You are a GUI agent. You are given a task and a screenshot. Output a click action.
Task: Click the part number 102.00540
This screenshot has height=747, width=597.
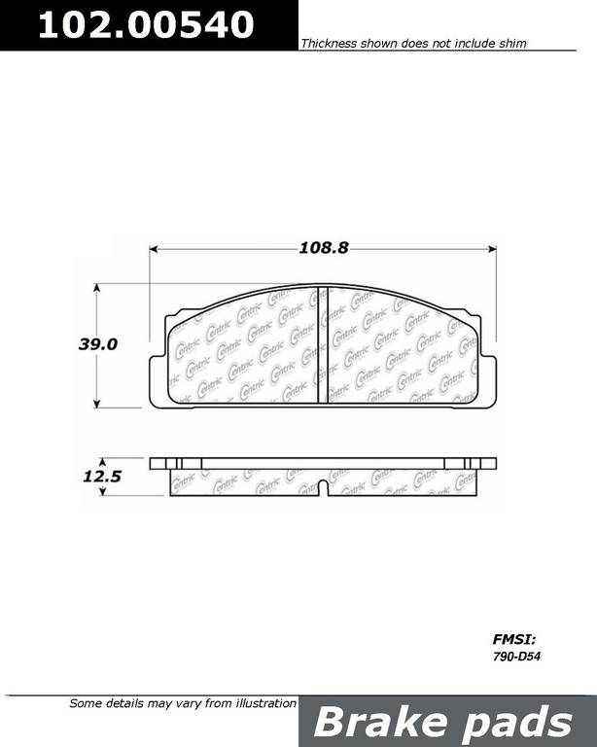pyautogui.click(x=146, y=24)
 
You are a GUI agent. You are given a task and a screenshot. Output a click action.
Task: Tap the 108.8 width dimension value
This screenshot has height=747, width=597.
pyautogui.click(x=324, y=248)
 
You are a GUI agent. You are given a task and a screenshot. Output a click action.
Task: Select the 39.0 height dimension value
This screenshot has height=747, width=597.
pyautogui.click(x=97, y=344)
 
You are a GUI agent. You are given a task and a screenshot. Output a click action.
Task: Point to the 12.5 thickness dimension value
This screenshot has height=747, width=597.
pyautogui.click(x=102, y=476)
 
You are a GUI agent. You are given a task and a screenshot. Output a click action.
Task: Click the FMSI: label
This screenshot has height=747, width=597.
pyautogui.click(x=514, y=639)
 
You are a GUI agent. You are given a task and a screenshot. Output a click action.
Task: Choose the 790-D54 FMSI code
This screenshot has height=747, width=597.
pyautogui.click(x=516, y=657)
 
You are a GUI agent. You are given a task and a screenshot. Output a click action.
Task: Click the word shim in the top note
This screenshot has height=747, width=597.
pyautogui.click(x=512, y=44)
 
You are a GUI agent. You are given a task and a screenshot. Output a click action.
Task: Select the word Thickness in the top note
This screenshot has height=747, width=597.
pyautogui.click(x=329, y=44)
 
